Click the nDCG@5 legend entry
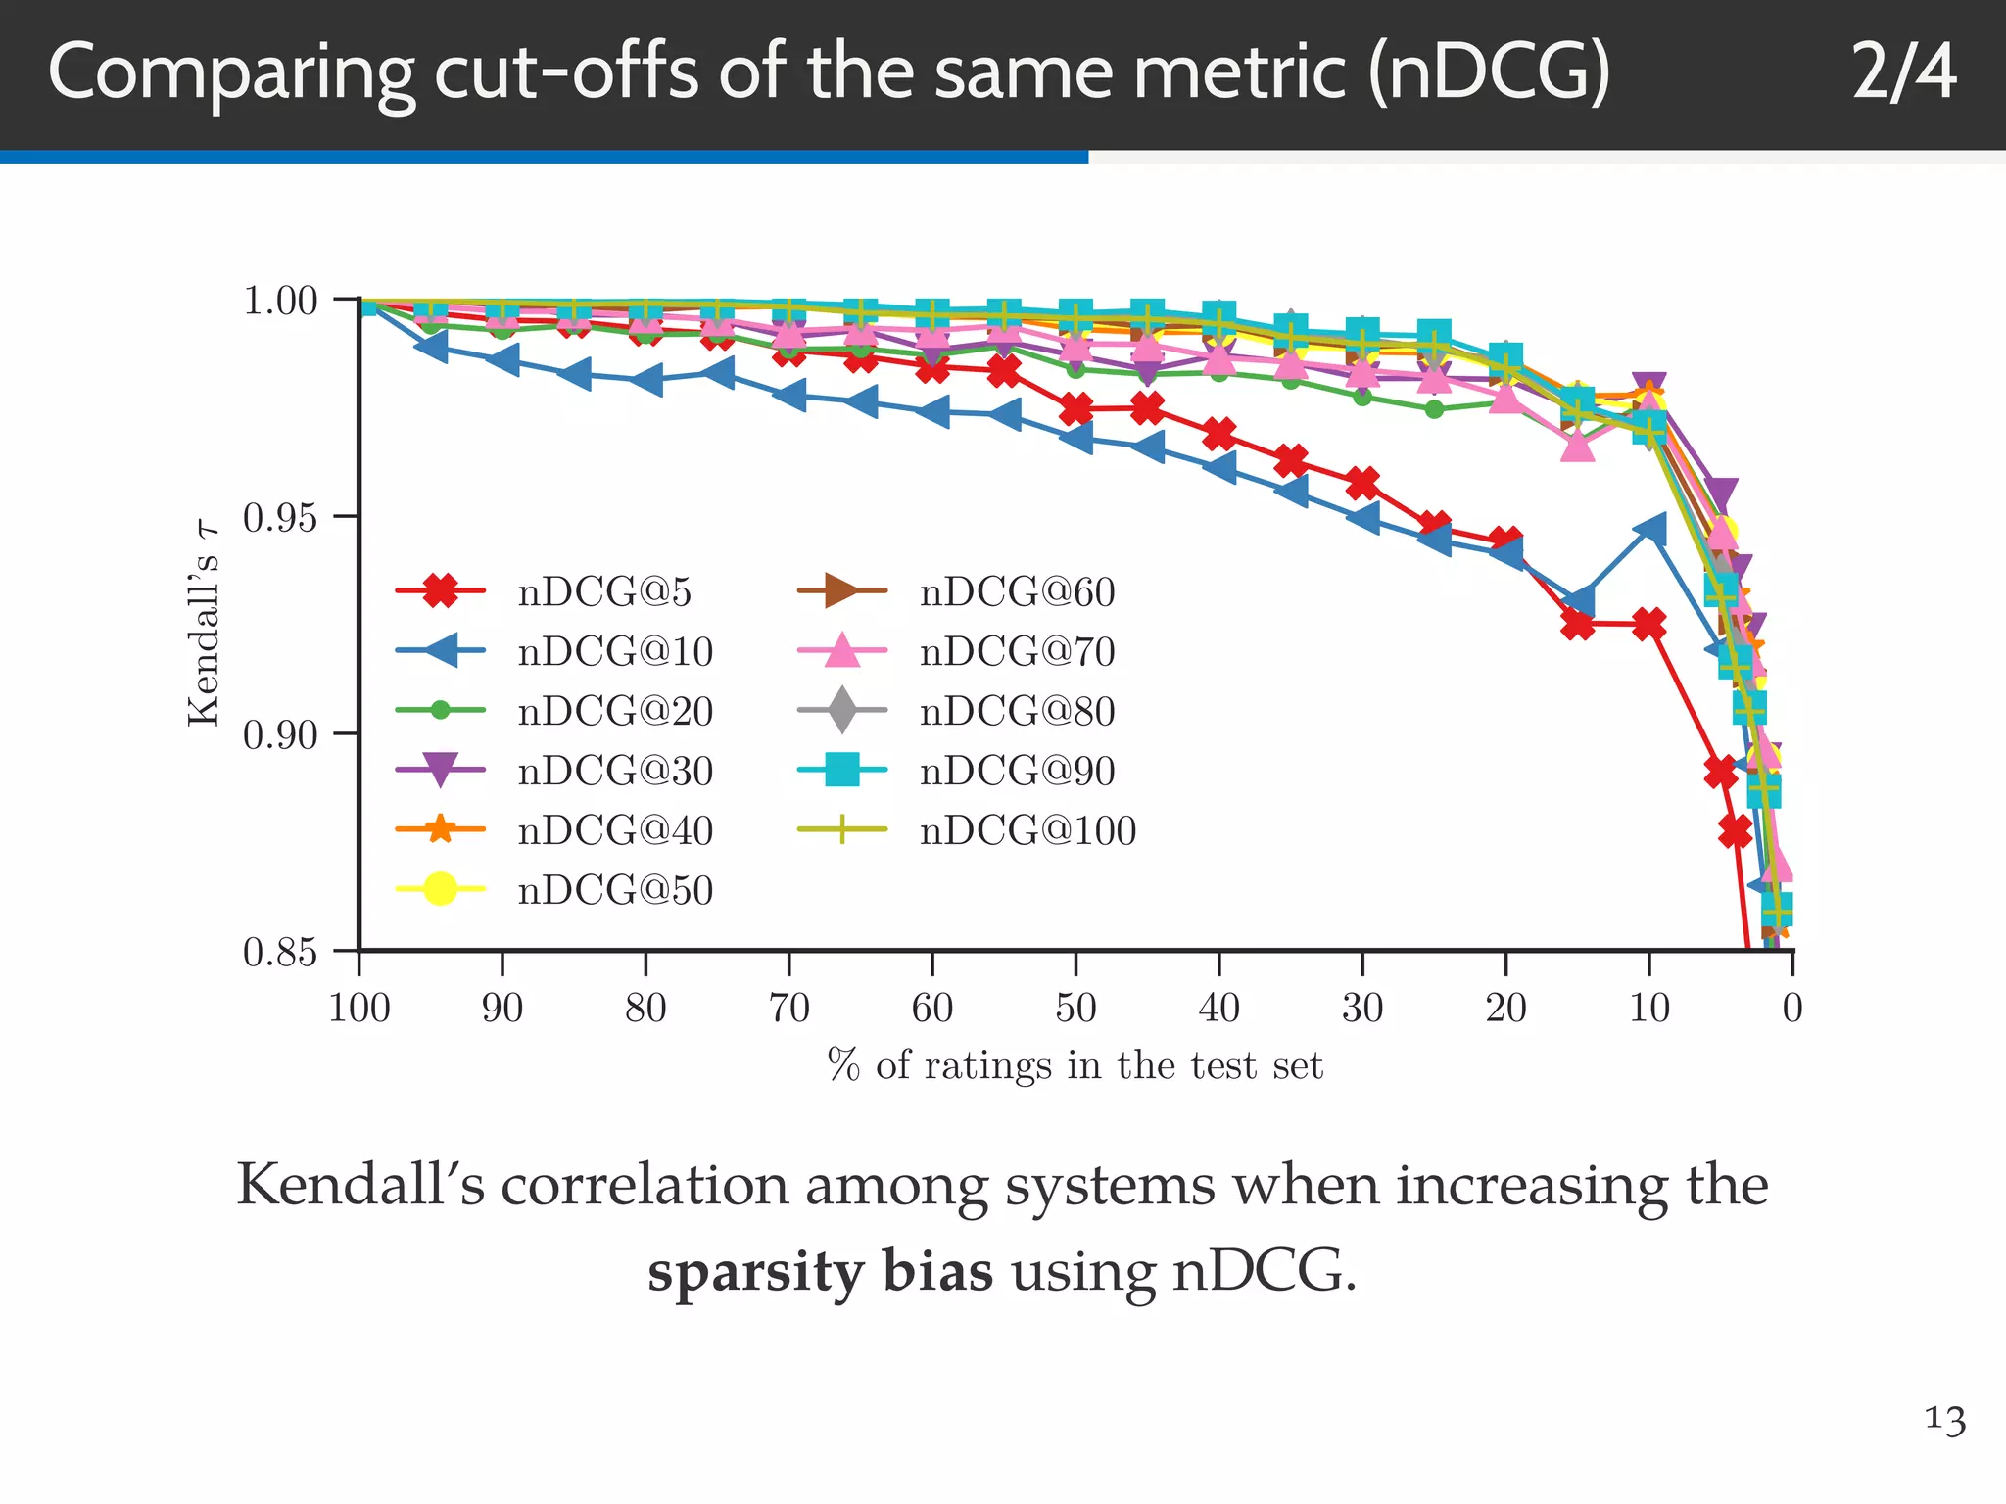pyautogui.click(x=603, y=591)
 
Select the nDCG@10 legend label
pyautogui.click(x=615, y=651)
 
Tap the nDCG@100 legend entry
pyautogui.click(x=1027, y=830)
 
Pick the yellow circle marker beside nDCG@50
pyautogui.click(x=440, y=889)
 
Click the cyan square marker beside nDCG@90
pyautogui.click(x=842, y=770)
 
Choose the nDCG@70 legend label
pyautogui.click(x=1017, y=651)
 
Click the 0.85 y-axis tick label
pyautogui.click(x=280, y=951)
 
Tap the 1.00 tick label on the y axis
pyautogui.click(x=280, y=301)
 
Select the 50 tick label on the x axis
pyautogui.click(x=1075, y=1008)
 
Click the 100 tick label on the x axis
pyautogui.click(x=359, y=1008)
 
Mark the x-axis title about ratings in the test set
pyautogui.click(x=1075, y=1065)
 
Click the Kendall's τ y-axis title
pyautogui.click(x=203, y=625)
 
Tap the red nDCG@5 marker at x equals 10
pyautogui.click(x=1649, y=624)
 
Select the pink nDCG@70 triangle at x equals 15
pyautogui.click(x=1578, y=447)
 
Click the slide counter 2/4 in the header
pyautogui.click(x=1903, y=72)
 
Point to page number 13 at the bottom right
pyautogui.click(x=1944, y=1419)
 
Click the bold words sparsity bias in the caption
pyautogui.click(x=820, y=1272)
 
